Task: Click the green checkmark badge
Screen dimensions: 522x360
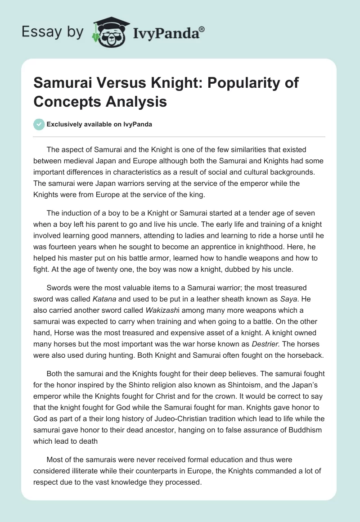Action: pyautogui.click(x=39, y=125)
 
